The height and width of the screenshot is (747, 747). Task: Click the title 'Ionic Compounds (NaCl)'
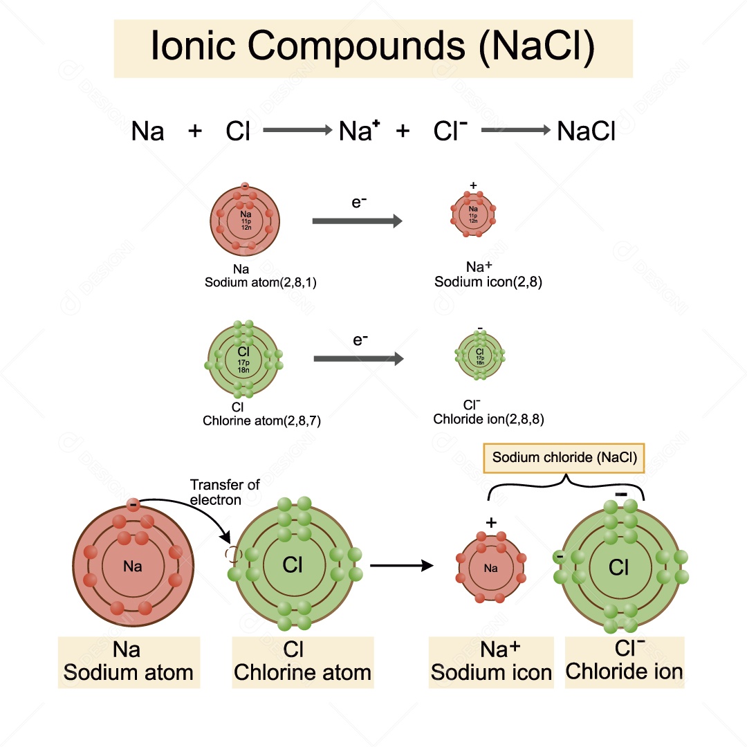point(373,47)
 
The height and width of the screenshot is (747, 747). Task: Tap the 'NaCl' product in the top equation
point(586,131)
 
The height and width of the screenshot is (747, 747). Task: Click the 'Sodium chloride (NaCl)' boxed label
point(564,457)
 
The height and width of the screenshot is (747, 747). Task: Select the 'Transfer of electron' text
point(224,492)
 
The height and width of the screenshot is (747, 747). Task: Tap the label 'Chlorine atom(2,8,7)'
point(261,420)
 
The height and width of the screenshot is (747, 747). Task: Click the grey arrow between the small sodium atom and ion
point(357,221)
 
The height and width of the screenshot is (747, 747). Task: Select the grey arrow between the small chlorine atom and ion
point(358,359)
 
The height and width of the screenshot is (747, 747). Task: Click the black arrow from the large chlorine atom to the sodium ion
point(402,566)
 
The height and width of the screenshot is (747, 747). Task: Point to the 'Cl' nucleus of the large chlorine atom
point(293,565)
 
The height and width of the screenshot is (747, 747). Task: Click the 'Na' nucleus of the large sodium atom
point(133,566)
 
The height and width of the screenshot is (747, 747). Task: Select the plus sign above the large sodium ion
point(491,522)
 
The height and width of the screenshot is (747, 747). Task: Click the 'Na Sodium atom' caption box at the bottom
point(129,662)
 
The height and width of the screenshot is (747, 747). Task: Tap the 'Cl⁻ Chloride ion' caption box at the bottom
point(624,662)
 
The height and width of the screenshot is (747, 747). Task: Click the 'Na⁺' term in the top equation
point(359,131)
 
